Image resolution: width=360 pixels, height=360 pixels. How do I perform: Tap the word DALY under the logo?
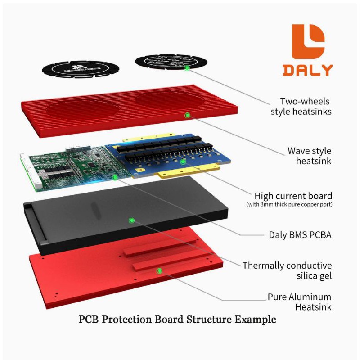pos(308,70)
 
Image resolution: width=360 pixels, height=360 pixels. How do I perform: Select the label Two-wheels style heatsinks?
pos(301,107)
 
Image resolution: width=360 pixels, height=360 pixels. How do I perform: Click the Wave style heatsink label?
pos(309,155)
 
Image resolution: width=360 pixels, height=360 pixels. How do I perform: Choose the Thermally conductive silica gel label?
pos(287,270)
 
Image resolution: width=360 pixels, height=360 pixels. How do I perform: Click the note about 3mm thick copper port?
pos(289,205)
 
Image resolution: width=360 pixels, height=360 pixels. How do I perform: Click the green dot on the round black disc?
pos(187,68)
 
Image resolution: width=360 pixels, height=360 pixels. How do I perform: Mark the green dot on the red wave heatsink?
pos(187,115)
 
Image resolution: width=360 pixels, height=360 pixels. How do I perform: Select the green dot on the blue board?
pos(183,161)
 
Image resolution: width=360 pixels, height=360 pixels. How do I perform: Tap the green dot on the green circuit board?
pos(115,177)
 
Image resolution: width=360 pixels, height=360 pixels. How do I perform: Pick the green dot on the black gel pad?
pos(131,220)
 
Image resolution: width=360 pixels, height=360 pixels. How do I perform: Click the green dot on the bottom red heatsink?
pos(159,270)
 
